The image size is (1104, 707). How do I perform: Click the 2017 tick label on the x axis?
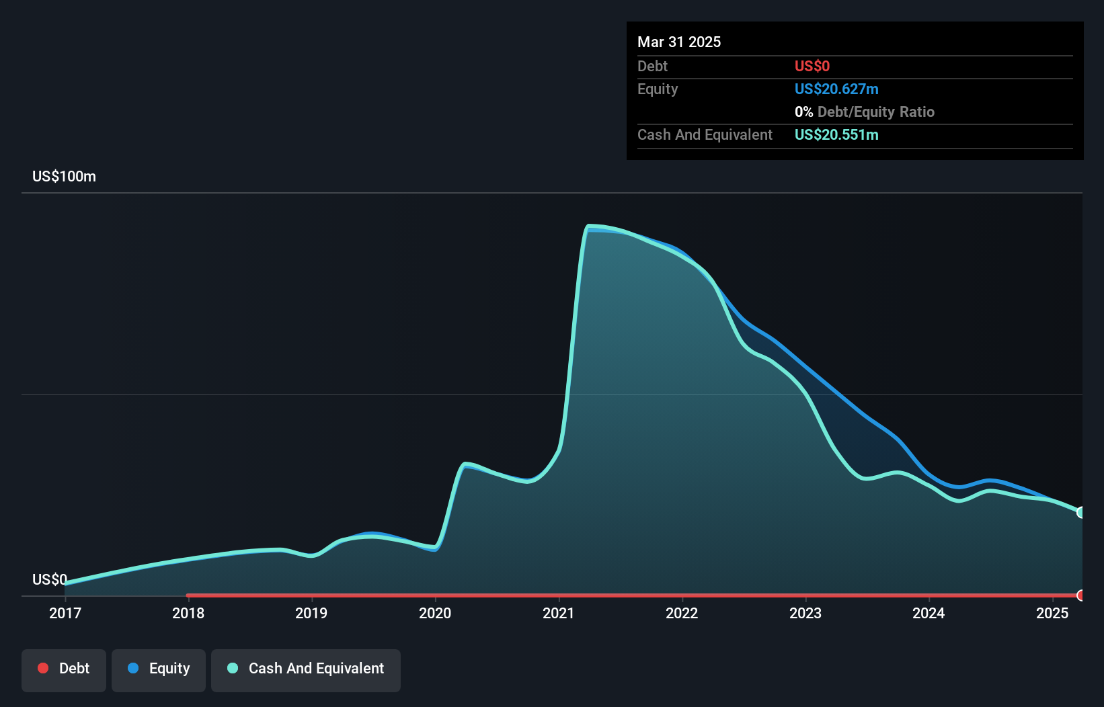coord(65,613)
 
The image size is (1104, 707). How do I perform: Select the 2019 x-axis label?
coord(311,613)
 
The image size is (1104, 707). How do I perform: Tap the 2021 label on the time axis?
coord(559,613)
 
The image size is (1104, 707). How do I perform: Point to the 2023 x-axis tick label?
coord(805,613)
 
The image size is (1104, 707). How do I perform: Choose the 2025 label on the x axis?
coord(1052,613)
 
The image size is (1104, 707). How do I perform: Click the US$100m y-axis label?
coord(64,177)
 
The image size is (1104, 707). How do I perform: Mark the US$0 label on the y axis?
coord(50,579)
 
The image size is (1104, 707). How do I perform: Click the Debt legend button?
coord(64,669)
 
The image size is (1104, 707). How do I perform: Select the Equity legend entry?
coord(159,669)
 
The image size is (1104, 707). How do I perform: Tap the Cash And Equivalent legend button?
coord(306,669)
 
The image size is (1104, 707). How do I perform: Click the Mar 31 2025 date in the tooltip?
coord(679,42)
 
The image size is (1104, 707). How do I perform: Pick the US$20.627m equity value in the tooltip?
coord(836,89)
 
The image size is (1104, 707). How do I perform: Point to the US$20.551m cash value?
coord(836,135)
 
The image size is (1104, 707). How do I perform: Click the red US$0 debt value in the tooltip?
coord(812,67)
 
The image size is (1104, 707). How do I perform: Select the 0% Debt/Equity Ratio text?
coord(865,112)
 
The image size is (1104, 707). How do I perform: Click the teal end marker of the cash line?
coord(1081,512)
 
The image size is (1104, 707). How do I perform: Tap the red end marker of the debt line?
coord(1081,595)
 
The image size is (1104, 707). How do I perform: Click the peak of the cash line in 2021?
coord(589,226)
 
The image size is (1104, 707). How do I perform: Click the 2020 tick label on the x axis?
coord(435,613)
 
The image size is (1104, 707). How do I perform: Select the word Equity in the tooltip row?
coord(658,89)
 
